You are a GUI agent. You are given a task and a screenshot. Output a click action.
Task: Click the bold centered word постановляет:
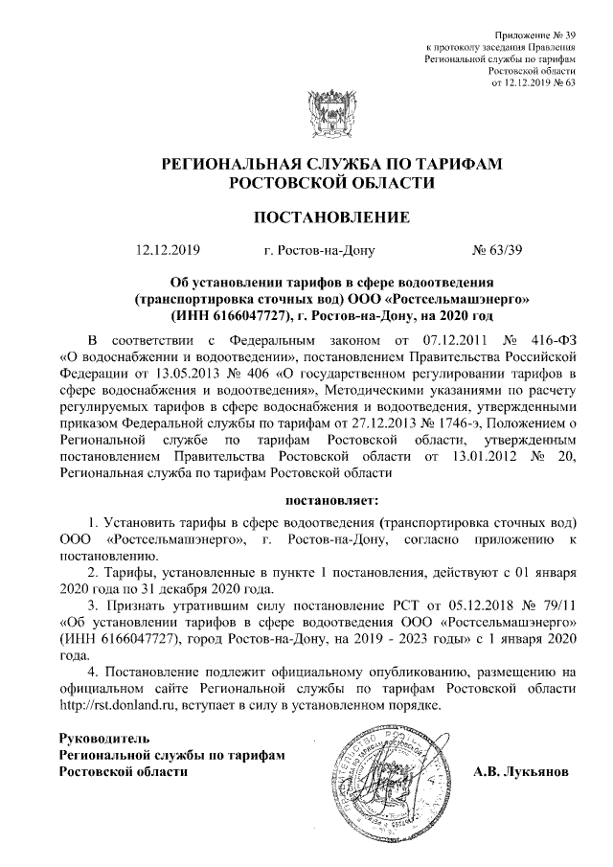point(332,500)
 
